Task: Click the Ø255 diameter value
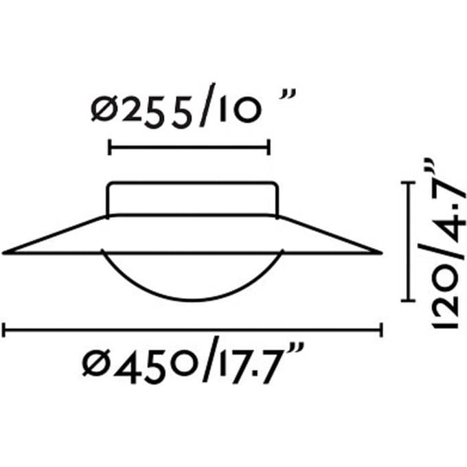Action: pyautogui.click(x=141, y=110)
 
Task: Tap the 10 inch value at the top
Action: pyautogui.click(x=240, y=110)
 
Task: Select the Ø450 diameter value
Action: pyautogui.click(x=140, y=364)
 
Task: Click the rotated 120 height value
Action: pyautogui.click(x=444, y=295)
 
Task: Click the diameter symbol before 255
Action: pyautogui.click(x=103, y=109)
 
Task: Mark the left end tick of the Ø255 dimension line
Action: pyautogui.click(x=110, y=147)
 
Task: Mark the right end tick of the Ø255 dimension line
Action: pyautogui.click(x=269, y=147)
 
